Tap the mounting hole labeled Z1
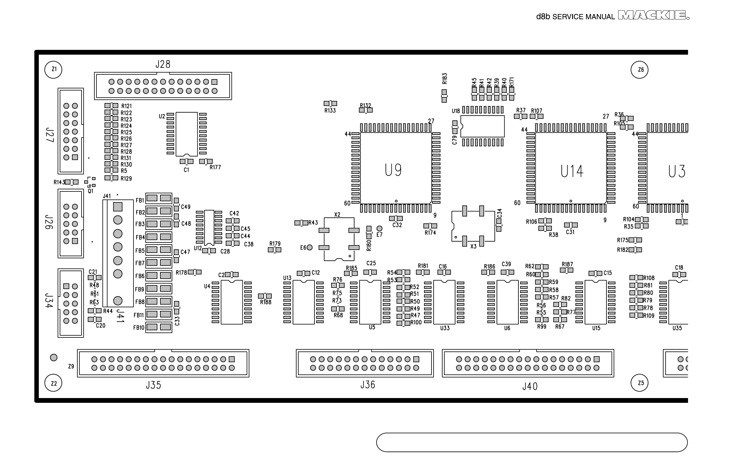[x=53, y=70]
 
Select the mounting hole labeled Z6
[x=639, y=70]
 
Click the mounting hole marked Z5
[x=639, y=383]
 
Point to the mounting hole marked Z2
[x=53, y=383]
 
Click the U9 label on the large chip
[x=393, y=170]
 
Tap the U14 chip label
[x=572, y=171]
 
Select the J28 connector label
[x=163, y=64]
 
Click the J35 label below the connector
[x=153, y=385]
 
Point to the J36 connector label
[x=368, y=385]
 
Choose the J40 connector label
[x=530, y=386]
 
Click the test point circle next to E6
[x=310, y=247]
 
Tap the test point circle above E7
[x=380, y=228]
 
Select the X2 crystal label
[x=337, y=214]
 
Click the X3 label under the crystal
[x=473, y=246]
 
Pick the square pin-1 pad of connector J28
[x=215, y=82]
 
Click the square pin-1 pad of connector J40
[x=596, y=359]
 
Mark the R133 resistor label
[x=330, y=110]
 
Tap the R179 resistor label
[x=275, y=244]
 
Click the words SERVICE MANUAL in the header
[x=583, y=17]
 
